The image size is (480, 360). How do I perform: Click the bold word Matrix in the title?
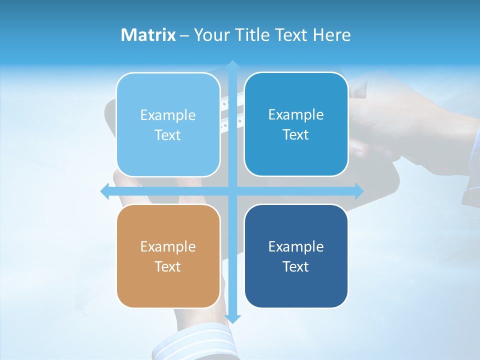[x=148, y=35]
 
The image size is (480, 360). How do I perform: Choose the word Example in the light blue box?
[x=168, y=115]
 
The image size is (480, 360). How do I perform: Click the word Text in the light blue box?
[x=168, y=135]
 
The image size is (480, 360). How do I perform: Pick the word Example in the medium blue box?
[x=296, y=114]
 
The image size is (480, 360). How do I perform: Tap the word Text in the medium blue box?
[x=296, y=134]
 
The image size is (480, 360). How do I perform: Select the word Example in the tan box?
[x=168, y=246]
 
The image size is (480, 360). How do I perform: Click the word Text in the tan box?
[x=168, y=266]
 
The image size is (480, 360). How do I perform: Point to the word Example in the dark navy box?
[x=296, y=246]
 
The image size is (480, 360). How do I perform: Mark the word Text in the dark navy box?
[x=296, y=266]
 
